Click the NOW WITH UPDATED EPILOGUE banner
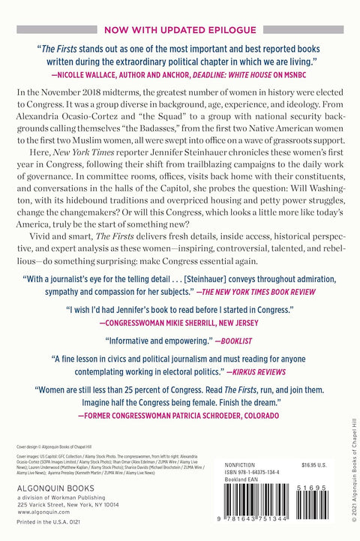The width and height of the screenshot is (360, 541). tap(180, 32)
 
